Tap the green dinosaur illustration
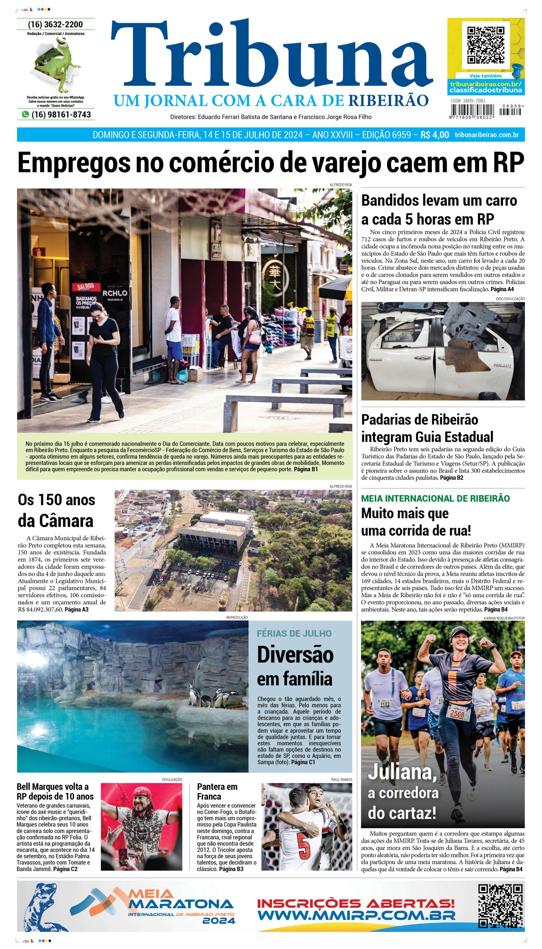(x=59, y=65)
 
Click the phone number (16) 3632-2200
(x=55, y=25)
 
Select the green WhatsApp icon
(x=25, y=115)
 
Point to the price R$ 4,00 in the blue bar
(x=434, y=135)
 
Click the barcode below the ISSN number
(x=472, y=111)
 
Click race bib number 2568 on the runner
(x=457, y=714)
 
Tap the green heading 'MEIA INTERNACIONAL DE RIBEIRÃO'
(x=435, y=498)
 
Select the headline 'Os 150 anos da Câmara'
(x=56, y=510)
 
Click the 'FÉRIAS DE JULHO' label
(x=294, y=633)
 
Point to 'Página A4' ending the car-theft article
(x=502, y=289)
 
